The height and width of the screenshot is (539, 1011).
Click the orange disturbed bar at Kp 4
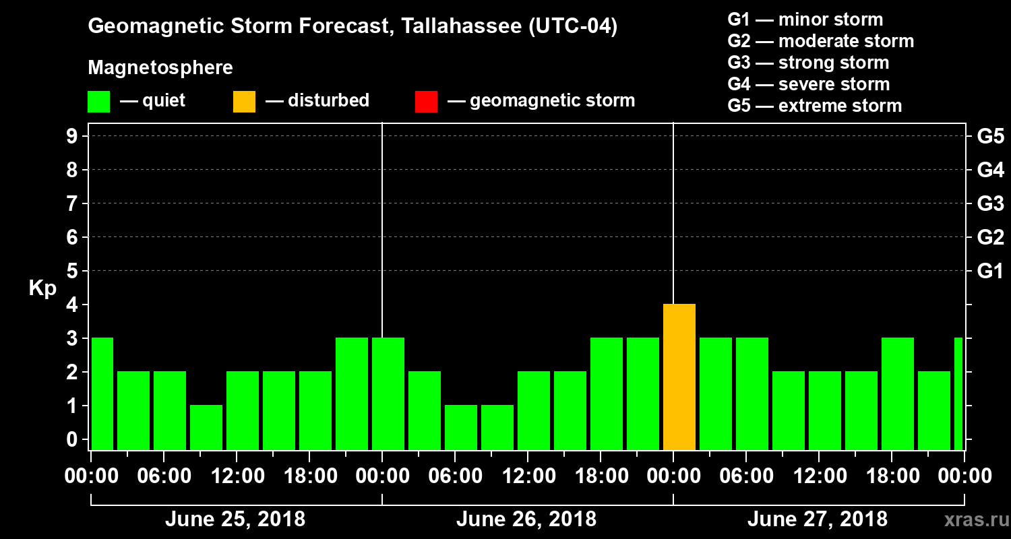(x=679, y=377)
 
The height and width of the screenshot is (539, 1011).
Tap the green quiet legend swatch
(x=98, y=102)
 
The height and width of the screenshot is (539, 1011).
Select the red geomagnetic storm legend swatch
(x=426, y=102)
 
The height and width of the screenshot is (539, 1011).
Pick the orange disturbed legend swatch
(x=244, y=102)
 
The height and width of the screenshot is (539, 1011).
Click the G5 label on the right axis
(x=990, y=136)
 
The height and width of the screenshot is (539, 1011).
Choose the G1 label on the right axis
(x=990, y=272)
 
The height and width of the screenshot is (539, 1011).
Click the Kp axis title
(x=42, y=288)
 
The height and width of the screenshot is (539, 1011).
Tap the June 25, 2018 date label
(x=235, y=519)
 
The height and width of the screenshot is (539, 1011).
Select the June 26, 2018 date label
(x=526, y=519)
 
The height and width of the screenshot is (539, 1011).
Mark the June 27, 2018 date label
(x=817, y=519)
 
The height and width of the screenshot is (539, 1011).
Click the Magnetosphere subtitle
(x=160, y=68)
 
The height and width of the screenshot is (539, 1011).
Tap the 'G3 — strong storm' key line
(x=808, y=63)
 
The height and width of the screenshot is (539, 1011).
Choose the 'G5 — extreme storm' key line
(x=814, y=106)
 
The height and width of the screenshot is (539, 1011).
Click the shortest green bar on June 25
(x=206, y=427)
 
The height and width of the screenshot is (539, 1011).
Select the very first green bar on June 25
(x=102, y=393)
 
